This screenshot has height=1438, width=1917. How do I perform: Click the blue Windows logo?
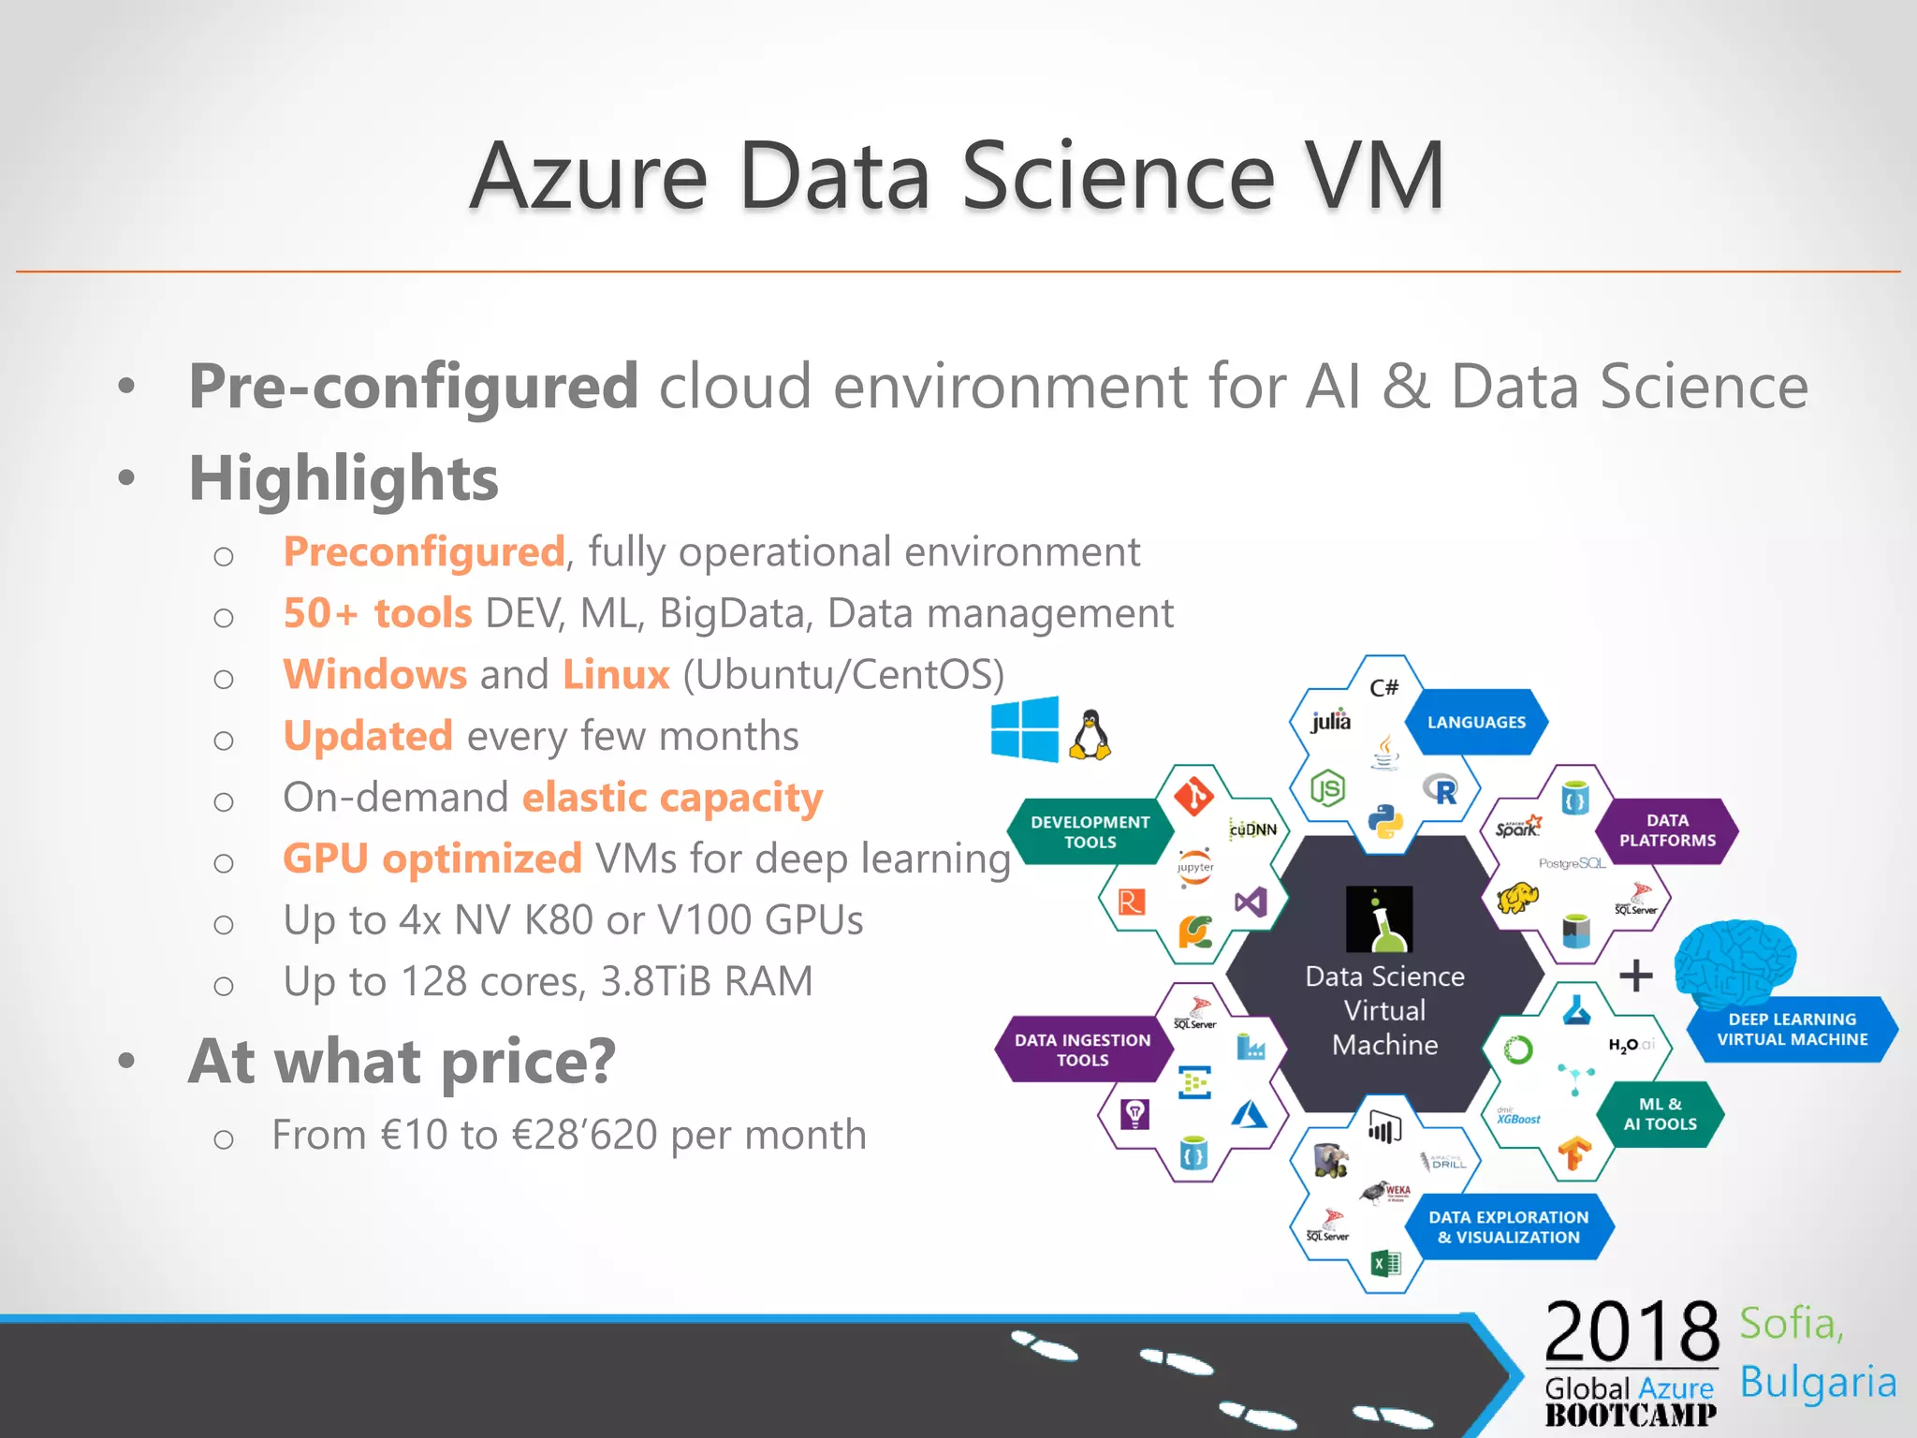1025,728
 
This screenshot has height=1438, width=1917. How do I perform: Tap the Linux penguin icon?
1090,735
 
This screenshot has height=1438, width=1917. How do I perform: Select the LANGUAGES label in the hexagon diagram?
1476,722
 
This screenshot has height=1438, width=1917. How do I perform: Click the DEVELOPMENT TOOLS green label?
1090,831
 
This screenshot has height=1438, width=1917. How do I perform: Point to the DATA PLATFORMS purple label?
1667,830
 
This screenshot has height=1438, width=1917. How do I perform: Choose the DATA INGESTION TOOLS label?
1082,1049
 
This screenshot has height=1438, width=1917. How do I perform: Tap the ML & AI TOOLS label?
1660,1114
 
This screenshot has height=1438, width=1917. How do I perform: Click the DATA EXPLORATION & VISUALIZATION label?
1508,1226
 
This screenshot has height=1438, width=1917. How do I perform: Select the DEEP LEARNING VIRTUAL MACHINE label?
1792,1029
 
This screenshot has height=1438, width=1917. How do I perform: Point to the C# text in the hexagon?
1383,688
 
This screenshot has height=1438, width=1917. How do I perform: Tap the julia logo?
1330,721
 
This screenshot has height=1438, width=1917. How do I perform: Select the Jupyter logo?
1195,867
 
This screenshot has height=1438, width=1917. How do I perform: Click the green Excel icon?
1385,1263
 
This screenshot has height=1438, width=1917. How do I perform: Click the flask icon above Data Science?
1379,919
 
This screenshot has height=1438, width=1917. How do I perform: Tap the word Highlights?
344,478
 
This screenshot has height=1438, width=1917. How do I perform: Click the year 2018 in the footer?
1632,1331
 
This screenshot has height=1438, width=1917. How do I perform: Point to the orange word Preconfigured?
424,551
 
